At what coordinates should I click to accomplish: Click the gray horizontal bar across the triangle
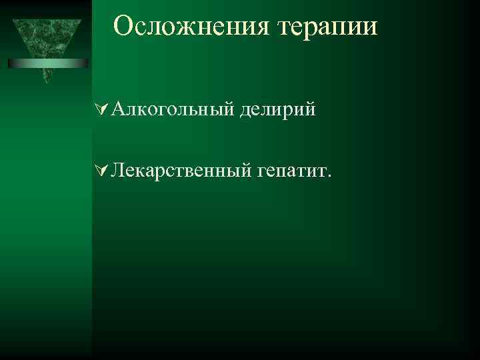click(x=48, y=63)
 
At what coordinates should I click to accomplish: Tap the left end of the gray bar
click(x=10, y=63)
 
